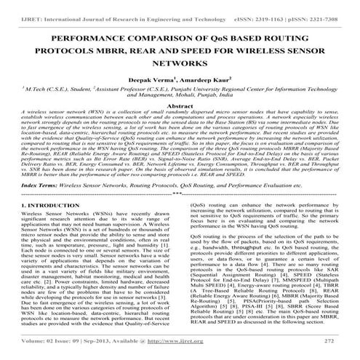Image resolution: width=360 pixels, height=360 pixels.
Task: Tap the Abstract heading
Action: [180, 105]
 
